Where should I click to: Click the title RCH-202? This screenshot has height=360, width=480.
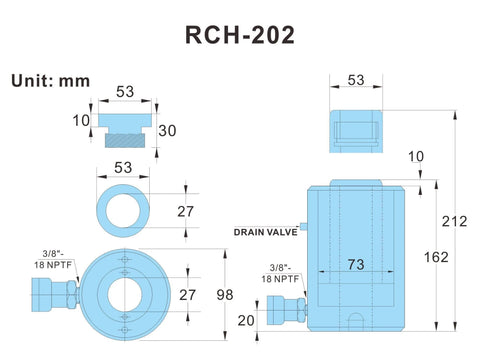(x=240, y=34)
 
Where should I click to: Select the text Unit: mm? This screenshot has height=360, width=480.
(x=47, y=80)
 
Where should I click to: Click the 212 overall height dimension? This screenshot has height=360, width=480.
(x=455, y=221)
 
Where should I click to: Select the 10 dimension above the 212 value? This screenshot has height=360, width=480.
(x=418, y=157)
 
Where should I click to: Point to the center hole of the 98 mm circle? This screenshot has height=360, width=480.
(x=124, y=293)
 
